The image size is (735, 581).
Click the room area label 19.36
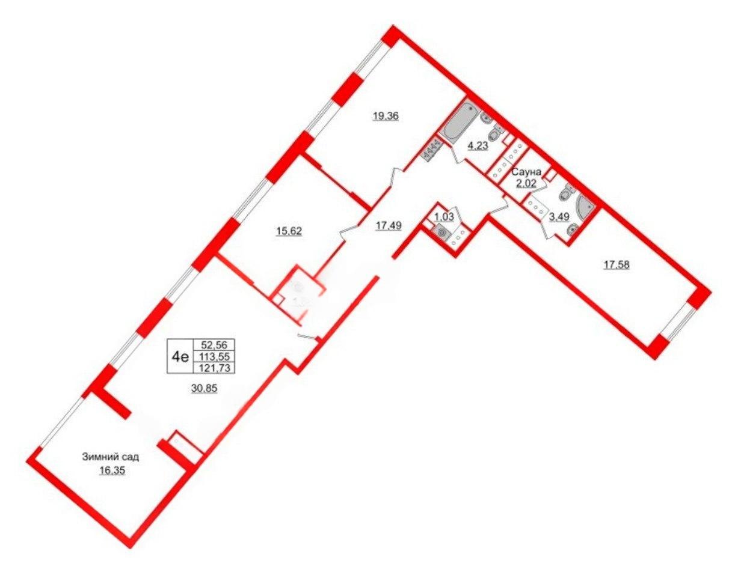(x=386, y=117)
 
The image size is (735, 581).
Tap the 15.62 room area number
(x=289, y=231)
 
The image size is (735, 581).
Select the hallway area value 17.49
(x=389, y=225)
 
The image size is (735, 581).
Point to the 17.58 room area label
(x=617, y=264)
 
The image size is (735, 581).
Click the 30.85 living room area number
(x=204, y=388)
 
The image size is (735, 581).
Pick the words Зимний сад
(x=111, y=457)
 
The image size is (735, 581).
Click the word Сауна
(x=526, y=172)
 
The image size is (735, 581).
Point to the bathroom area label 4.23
(x=478, y=147)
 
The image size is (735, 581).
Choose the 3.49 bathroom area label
(x=559, y=217)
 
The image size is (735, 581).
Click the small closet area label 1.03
(x=444, y=217)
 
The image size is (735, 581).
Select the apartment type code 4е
(x=180, y=357)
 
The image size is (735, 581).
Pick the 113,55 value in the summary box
(x=214, y=356)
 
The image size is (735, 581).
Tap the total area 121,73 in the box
(x=214, y=368)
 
